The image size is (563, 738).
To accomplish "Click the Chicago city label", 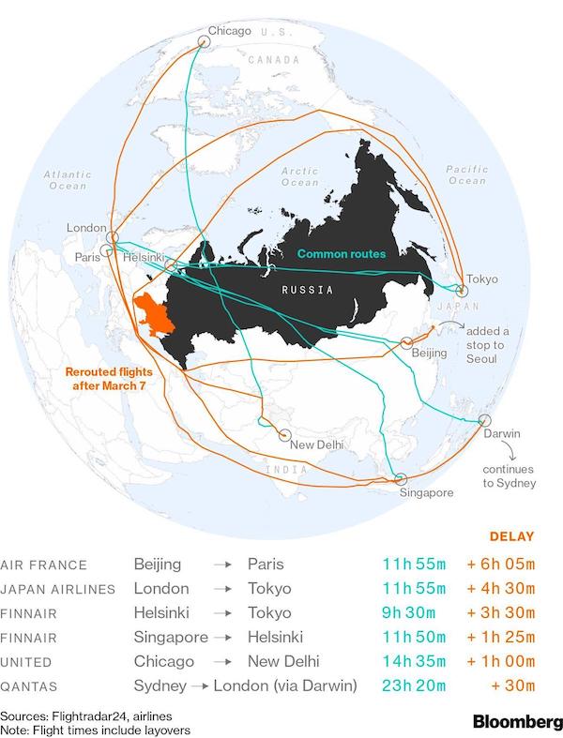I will click(230, 31).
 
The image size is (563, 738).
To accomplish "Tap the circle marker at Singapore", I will click(401, 478).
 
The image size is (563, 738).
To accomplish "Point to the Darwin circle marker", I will click(484, 421).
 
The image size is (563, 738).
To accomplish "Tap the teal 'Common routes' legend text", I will click(342, 253).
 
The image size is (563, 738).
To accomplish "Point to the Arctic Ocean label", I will click(301, 175).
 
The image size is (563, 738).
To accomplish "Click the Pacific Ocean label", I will click(466, 174).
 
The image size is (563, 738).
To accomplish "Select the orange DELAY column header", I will click(512, 537).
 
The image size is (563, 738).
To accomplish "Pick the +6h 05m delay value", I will click(500, 565).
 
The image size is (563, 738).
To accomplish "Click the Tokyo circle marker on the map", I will click(458, 280).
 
